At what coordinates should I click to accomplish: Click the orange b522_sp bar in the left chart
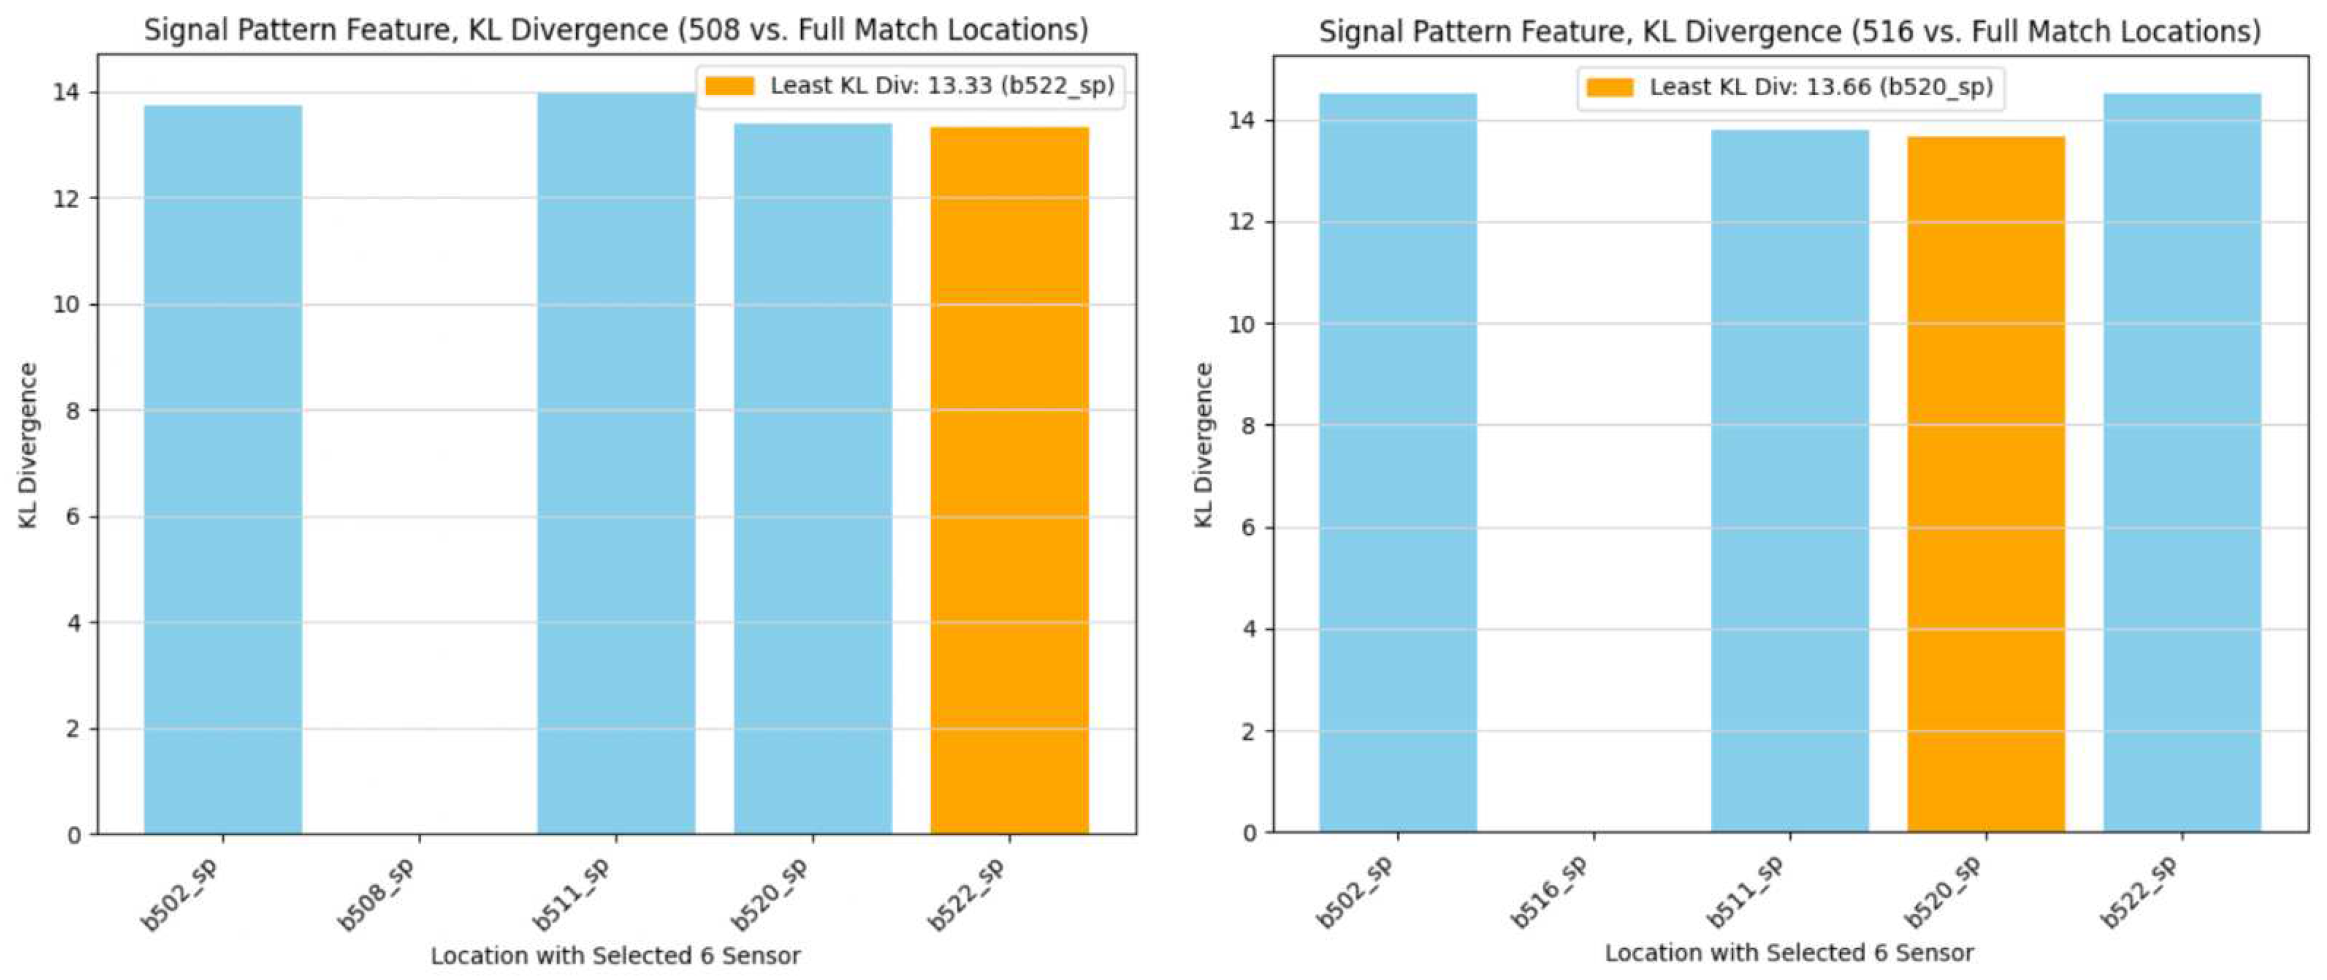1009,478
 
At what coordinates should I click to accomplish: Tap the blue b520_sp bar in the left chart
812,478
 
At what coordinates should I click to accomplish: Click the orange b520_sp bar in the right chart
1986,483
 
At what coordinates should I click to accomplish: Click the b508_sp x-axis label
377,894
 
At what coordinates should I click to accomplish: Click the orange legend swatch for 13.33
729,86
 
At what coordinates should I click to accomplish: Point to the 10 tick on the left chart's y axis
66,304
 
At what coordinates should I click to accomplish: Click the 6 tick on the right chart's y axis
1248,528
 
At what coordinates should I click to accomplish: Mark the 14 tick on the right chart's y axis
1243,120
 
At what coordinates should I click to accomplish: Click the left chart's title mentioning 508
616,30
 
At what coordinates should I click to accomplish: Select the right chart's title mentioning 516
1790,32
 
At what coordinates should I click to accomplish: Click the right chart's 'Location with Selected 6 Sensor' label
1790,953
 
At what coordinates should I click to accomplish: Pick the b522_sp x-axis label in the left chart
967,894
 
